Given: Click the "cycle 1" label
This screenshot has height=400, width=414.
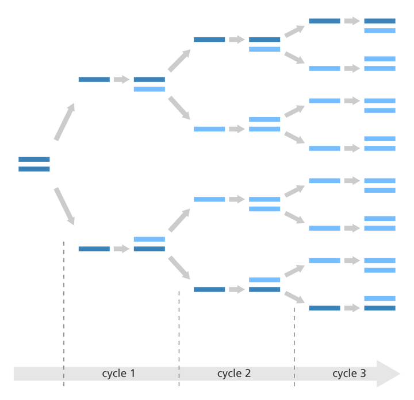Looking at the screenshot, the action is click(x=118, y=373).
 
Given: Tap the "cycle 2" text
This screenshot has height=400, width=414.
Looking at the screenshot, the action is click(x=234, y=373).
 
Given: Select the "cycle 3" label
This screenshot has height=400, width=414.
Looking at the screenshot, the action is click(x=349, y=373).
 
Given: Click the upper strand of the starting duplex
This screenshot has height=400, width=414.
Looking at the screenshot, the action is click(x=34, y=159).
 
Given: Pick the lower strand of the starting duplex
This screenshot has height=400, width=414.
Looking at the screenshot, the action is click(x=34, y=169).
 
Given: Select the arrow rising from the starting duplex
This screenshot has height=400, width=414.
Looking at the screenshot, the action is click(x=64, y=122).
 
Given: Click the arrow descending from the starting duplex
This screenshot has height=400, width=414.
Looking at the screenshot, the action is click(x=64, y=207).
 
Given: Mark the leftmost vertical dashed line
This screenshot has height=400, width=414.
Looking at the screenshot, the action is click(x=64, y=313).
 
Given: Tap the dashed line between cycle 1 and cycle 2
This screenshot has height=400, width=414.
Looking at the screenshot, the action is click(x=179, y=339).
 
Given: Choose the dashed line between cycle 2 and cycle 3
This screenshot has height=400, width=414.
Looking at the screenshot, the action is click(x=294, y=347).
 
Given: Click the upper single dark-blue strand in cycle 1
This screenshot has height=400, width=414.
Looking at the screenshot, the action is click(x=94, y=79).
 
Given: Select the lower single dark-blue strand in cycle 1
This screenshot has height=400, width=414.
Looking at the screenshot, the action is click(x=94, y=248).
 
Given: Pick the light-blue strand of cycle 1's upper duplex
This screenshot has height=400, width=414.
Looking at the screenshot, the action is click(x=149, y=89).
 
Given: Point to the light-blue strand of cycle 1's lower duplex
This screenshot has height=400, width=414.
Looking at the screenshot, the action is click(x=149, y=239).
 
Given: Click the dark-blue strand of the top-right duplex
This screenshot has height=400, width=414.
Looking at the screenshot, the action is click(x=379, y=21).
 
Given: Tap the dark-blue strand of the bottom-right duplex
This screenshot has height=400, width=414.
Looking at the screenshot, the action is click(x=379, y=308).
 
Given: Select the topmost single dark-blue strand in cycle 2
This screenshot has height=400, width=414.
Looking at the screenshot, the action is click(x=209, y=40).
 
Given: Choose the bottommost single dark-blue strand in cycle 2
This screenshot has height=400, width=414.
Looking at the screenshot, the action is click(x=209, y=289).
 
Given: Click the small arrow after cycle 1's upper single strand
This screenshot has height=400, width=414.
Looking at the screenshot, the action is click(x=122, y=79).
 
